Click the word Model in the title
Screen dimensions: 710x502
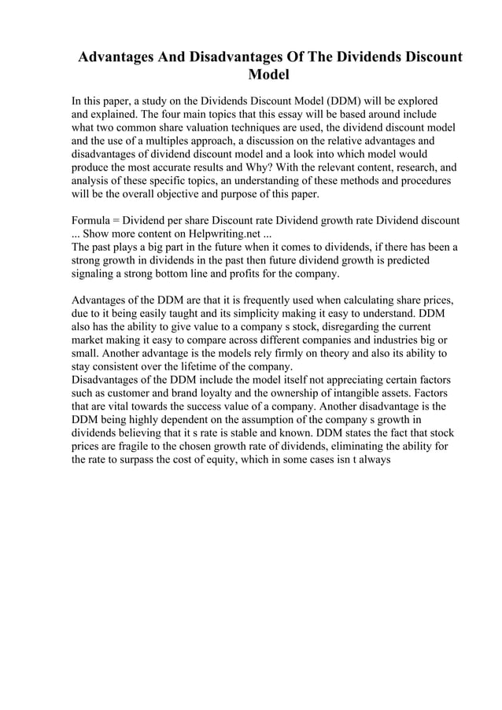point(269,76)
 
